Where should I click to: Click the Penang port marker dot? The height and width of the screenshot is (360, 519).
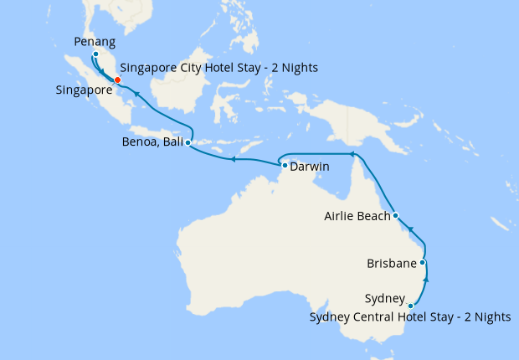click(x=95, y=54)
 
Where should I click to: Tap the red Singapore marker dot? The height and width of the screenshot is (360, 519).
click(x=117, y=80)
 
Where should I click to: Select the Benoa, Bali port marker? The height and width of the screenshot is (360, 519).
click(x=188, y=143)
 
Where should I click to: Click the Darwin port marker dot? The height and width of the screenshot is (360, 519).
click(x=285, y=166)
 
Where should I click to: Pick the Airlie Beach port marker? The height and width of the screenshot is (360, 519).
click(x=395, y=216)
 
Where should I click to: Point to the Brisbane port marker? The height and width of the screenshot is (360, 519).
click(x=423, y=263)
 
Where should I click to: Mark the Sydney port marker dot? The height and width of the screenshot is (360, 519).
click(x=410, y=306)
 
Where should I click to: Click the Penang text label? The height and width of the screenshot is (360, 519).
click(x=95, y=39)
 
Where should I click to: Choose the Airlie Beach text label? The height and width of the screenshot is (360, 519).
click(x=357, y=217)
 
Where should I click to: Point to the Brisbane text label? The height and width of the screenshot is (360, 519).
click(x=392, y=264)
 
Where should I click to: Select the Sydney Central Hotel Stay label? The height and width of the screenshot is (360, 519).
click(x=409, y=316)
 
